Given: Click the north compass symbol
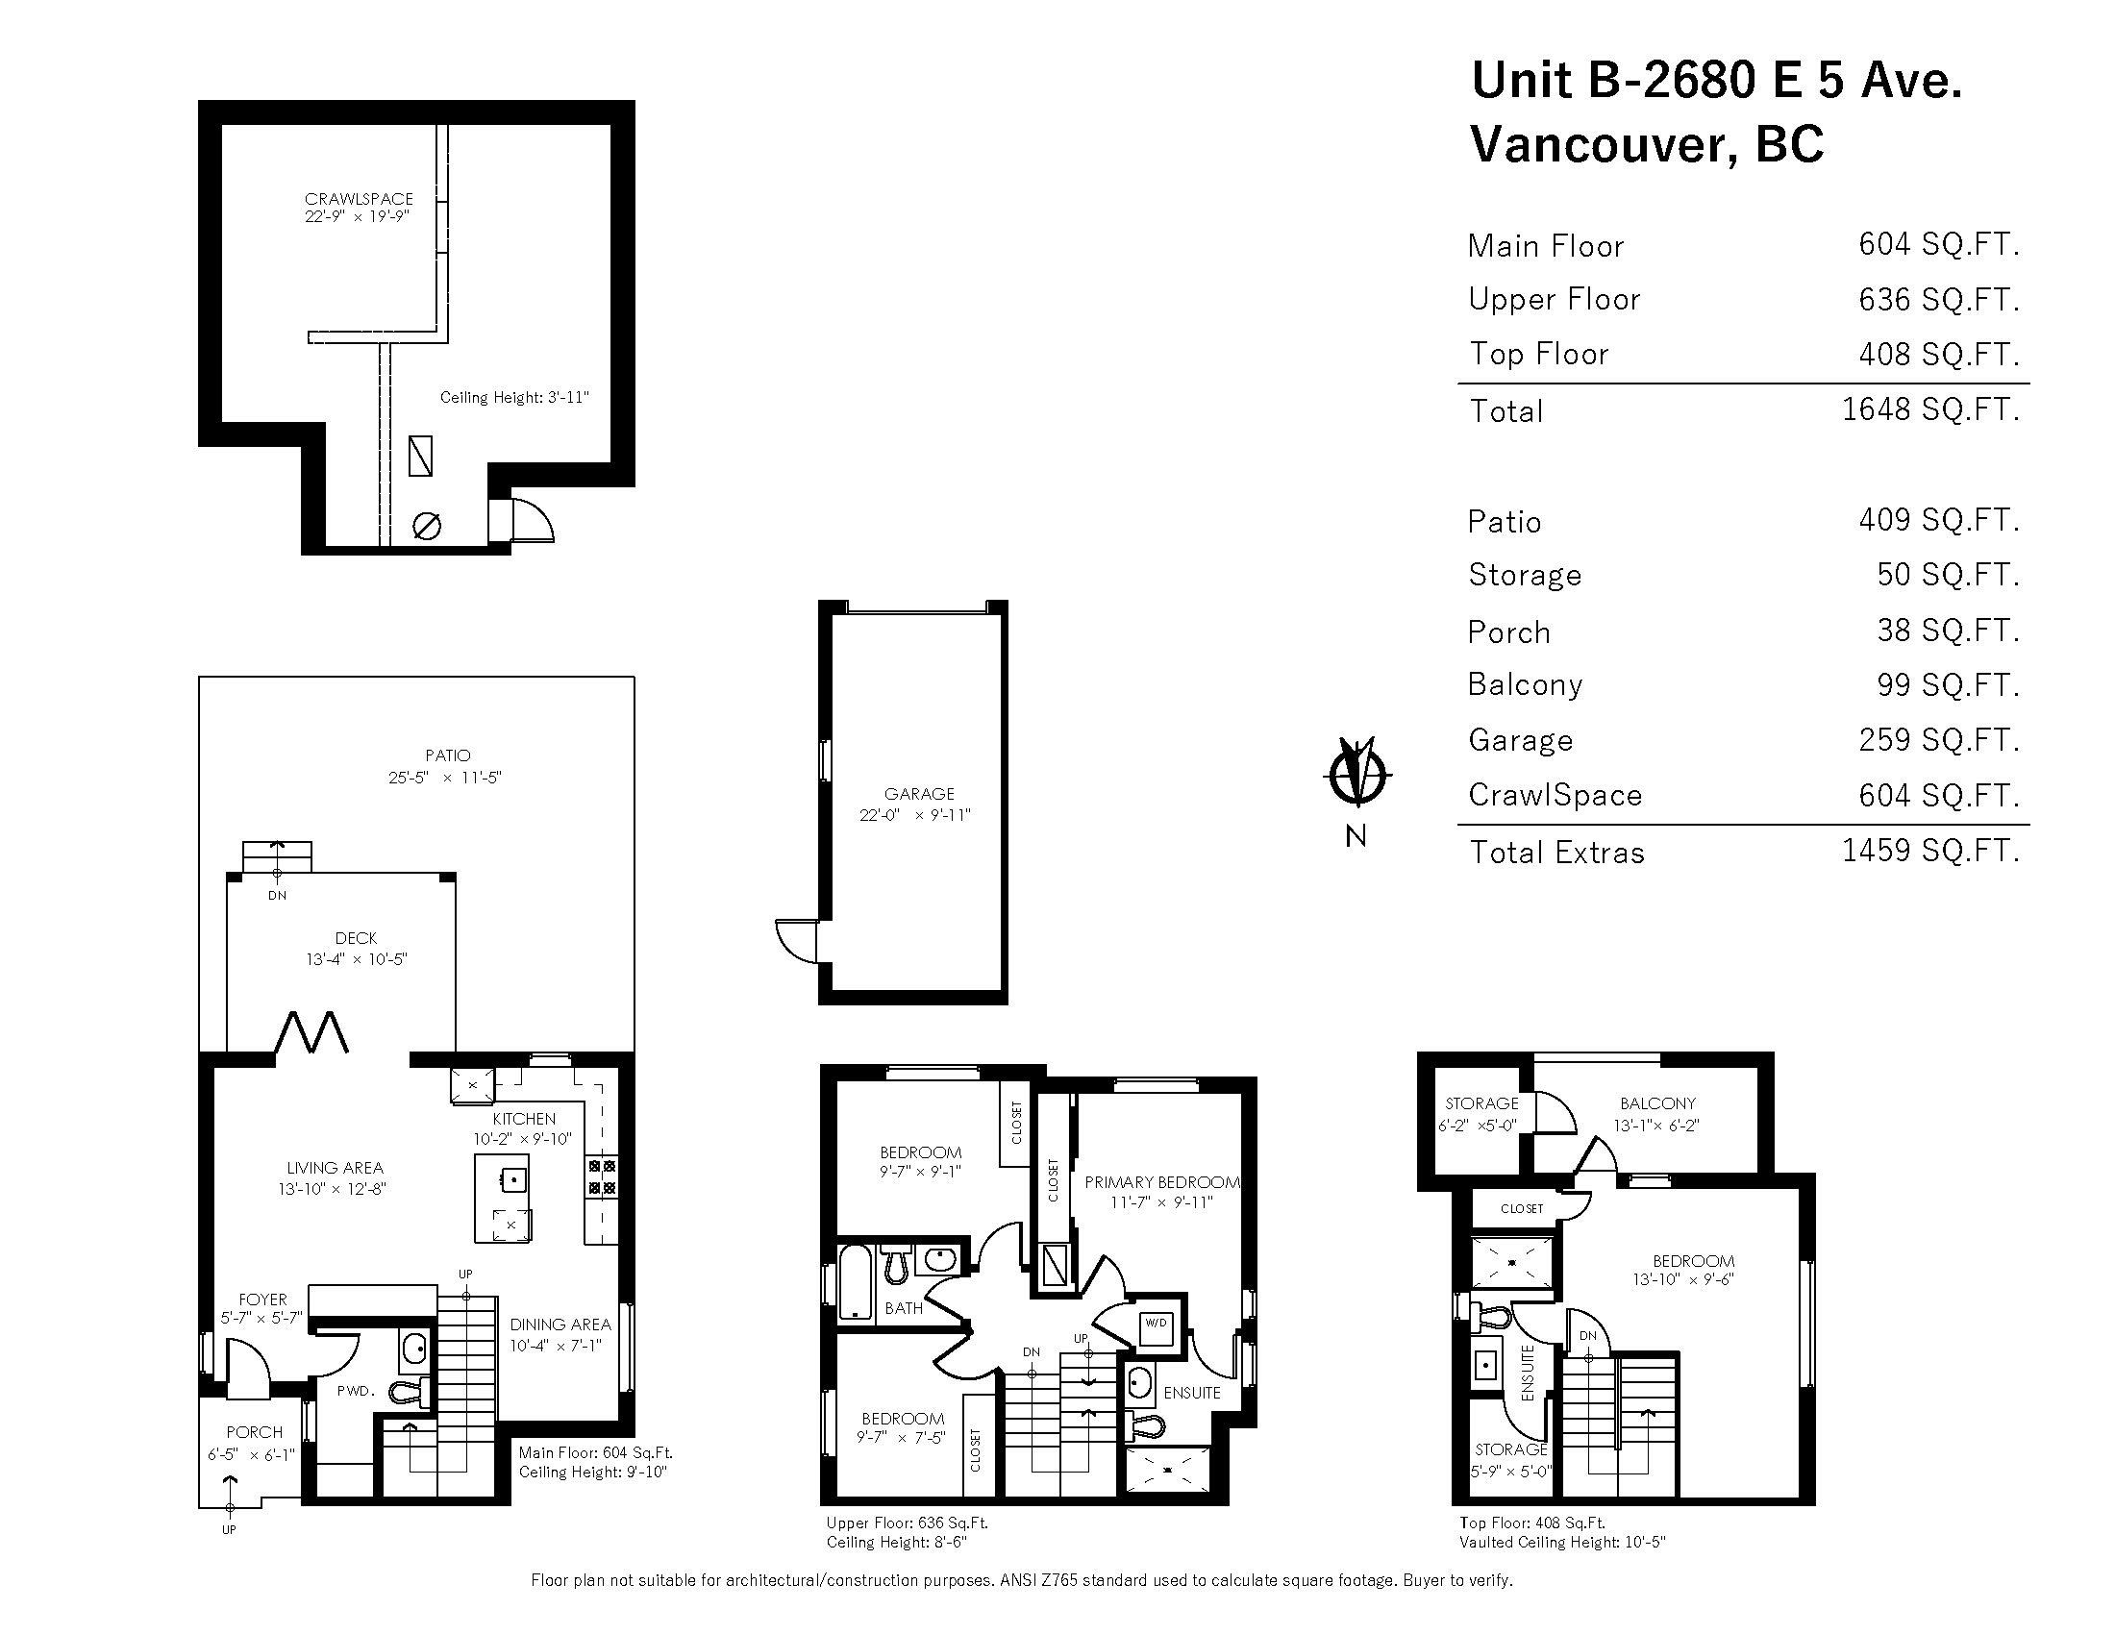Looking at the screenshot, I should coord(1356,774).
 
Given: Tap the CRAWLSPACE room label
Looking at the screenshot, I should coord(359,199).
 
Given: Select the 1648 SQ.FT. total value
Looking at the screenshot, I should coord(1929,409).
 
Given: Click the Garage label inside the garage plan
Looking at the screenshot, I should coord(919,794).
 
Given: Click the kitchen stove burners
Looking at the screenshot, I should coord(602,1176).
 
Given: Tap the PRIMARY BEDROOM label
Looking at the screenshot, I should coord(1161,1182).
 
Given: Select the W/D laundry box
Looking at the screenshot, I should coord(1156,1323).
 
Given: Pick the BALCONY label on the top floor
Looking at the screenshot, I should coord(1657,1103).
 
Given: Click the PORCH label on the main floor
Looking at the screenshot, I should coord(255,1432).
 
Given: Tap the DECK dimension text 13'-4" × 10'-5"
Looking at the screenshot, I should coord(357,959).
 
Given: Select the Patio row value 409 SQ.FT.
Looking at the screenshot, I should coord(1939,520).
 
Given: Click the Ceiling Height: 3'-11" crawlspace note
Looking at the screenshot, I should coord(514,397).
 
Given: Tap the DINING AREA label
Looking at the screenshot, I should coord(560,1325).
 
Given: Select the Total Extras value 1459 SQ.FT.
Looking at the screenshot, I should coord(1929,851).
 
